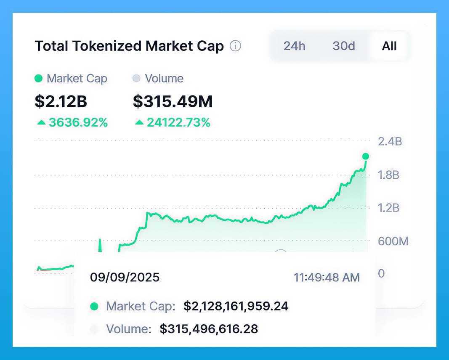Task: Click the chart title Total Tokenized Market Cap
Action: click(x=129, y=46)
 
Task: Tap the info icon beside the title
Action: click(x=236, y=46)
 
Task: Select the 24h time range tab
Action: click(x=294, y=46)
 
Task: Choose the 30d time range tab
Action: click(x=344, y=46)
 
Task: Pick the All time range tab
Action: click(x=389, y=46)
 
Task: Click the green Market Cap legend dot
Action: click(x=39, y=79)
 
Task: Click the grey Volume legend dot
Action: click(x=136, y=79)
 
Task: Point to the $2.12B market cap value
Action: click(x=61, y=101)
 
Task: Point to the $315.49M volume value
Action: click(x=173, y=101)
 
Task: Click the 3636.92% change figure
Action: click(x=78, y=122)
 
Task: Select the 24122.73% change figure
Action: click(x=178, y=122)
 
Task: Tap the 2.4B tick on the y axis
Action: click(x=390, y=141)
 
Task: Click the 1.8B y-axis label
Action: click(x=388, y=175)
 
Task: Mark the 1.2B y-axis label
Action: click(x=388, y=208)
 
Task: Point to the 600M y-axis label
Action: click(x=393, y=241)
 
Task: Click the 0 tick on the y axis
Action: click(x=381, y=273)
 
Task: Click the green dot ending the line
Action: click(x=365, y=156)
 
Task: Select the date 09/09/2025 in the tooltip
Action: click(x=125, y=277)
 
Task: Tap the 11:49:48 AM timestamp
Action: click(x=327, y=277)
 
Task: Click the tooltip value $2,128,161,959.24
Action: click(x=236, y=306)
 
